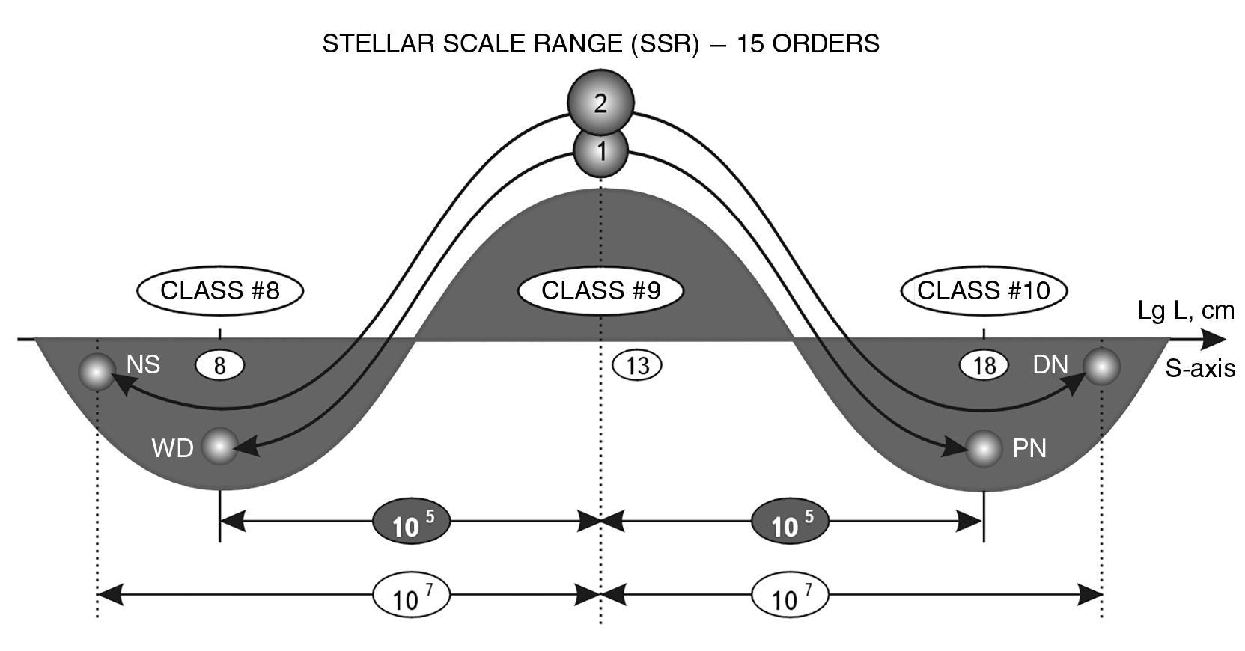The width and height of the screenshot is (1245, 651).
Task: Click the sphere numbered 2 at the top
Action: point(600,103)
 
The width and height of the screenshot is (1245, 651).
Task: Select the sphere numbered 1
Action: point(600,152)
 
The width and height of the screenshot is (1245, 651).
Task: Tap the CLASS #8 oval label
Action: point(220,290)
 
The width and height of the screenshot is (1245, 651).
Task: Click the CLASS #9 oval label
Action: point(601,290)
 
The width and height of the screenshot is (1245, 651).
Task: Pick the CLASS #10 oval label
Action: point(984,290)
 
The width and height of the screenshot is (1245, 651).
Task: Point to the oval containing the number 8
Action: point(220,365)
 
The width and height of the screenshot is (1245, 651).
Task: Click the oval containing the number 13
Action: point(637,365)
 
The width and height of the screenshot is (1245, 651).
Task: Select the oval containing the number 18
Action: point(984,365)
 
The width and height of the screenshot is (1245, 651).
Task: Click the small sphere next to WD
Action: point(219,447)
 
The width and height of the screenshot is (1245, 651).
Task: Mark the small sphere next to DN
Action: point(1102,367)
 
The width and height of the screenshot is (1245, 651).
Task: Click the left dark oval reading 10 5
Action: point(411,522)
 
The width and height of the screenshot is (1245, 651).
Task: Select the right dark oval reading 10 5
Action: point(790,522)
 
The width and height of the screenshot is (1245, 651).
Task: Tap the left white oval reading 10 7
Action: point(411,596)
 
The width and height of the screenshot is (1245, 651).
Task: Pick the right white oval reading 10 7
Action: point(790,596)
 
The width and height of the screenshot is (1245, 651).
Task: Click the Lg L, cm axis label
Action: point(1186,311)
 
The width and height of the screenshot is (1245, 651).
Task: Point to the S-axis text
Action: point(1199,368)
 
